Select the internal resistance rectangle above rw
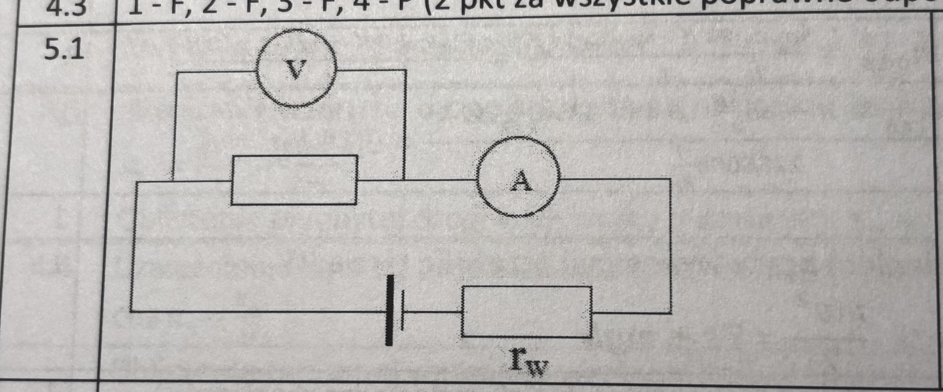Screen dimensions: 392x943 (x=527, y=312)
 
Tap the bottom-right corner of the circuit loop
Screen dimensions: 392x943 (x=671, y=313)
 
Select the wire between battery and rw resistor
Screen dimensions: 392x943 (x=432, y=312)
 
